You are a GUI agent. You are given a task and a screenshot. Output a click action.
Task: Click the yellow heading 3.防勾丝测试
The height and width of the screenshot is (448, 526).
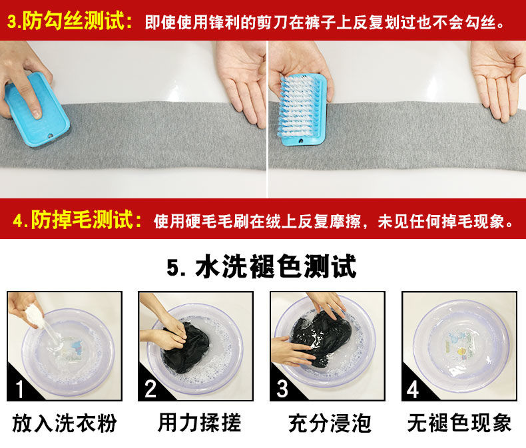click(x=70, y=21)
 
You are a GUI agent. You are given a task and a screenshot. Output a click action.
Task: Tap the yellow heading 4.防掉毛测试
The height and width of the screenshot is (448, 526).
click(x=77, y=220)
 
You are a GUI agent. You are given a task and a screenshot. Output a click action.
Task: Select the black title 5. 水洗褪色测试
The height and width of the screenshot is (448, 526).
click(x=261, y=266)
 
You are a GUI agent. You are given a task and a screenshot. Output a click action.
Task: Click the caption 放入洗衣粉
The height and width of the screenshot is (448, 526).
click(x=65, y=423)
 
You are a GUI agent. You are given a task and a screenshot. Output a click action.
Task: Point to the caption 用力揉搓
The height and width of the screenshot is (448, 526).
click(x=199, y=423)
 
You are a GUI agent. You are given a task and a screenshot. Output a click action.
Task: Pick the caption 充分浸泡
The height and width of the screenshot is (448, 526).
click(x=330, y=423)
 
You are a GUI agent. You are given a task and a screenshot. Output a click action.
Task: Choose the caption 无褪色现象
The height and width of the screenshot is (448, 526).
click(x=459, y=423)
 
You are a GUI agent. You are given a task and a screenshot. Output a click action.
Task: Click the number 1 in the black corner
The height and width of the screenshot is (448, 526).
click(x=20, y=389)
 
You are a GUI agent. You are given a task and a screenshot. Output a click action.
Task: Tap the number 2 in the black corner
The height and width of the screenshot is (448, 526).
click(x=150, y=389)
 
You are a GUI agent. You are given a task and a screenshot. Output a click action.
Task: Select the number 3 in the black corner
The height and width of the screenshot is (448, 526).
click(x=282, y=389)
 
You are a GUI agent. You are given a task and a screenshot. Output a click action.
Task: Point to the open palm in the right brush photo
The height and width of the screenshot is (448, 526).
click(x=497, y=79)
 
